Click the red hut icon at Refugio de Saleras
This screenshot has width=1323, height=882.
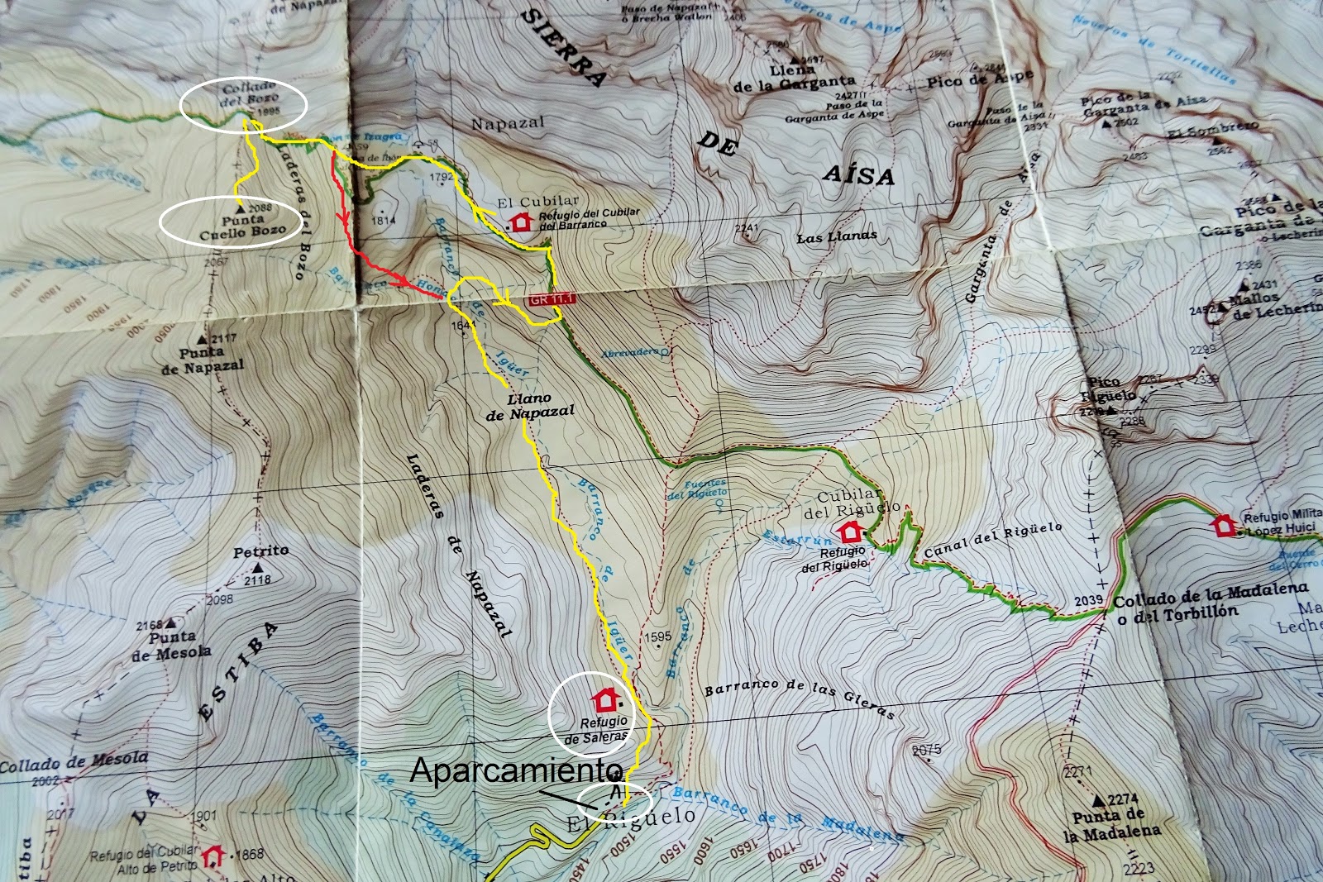[605, 700]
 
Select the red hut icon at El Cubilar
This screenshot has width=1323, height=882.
[520, 222]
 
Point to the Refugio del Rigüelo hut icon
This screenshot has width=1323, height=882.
[849, 531]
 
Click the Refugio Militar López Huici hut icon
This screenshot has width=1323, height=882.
[1223, 524]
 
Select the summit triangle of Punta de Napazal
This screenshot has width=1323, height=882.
[200, 339]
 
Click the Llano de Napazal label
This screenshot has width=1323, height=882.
[530, 405]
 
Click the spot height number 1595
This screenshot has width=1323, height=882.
[657, 636]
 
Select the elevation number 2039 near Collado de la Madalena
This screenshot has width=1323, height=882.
[1090, 600]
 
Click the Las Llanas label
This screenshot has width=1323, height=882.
[837, 237]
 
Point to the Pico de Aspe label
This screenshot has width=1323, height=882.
[980, 80]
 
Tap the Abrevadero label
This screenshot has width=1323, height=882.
[629, 351]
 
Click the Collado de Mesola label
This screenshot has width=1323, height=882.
[74, 761]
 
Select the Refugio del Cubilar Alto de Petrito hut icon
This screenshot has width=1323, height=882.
[215, 854]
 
